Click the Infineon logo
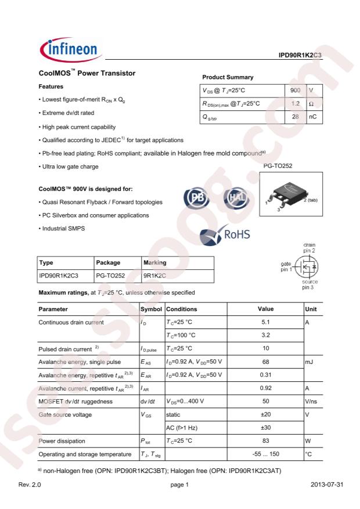[69, 50]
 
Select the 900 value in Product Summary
[295, 91]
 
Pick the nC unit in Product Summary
[312, 117]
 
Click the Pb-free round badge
[193, 198]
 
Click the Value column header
[265, 309]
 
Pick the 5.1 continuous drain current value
[265, 322]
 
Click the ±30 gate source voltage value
[265, 428]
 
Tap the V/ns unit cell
[312, 402]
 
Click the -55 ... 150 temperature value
[265, 454]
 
